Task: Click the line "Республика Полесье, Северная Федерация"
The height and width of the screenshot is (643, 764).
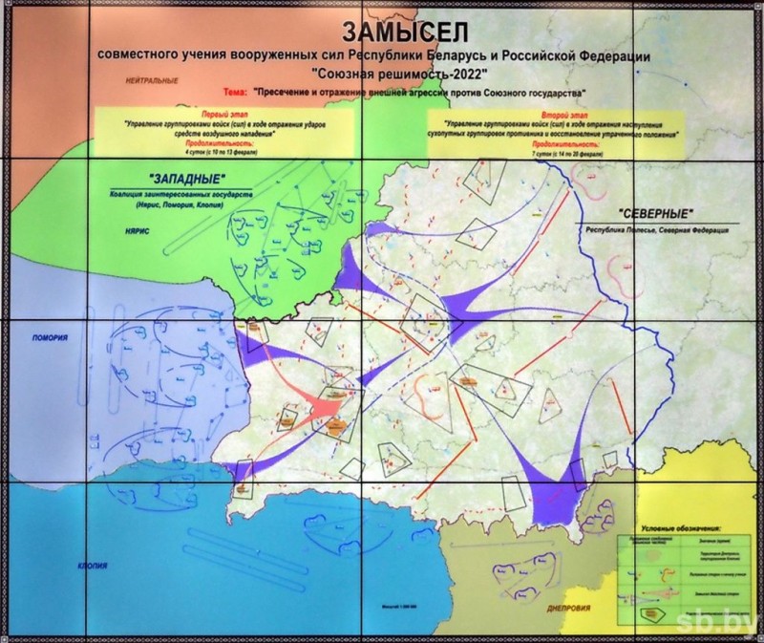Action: click(653, 231)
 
